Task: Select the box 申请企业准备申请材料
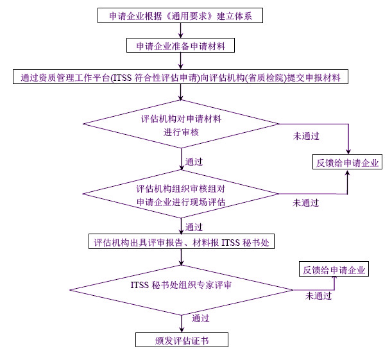click(x=181, y=46)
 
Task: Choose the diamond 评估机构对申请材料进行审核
click(x=182, y=124)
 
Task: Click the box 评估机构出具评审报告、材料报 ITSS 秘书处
click(x=181, y=242)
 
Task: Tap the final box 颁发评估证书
click(x=182, y=340)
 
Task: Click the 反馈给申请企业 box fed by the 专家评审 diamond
click(x=334, y=270)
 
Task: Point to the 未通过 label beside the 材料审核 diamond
click(x=306, y=136)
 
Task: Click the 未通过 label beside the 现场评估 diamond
click(x=306, y=203)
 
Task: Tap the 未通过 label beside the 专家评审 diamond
click(x=318, y=296)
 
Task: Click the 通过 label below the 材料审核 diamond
click(x=194, y=161)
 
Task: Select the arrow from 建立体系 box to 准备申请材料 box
click(x=182, y=30)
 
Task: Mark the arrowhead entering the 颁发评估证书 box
click(x=182, y=329)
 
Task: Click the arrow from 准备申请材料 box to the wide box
click(x=182, y=62)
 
